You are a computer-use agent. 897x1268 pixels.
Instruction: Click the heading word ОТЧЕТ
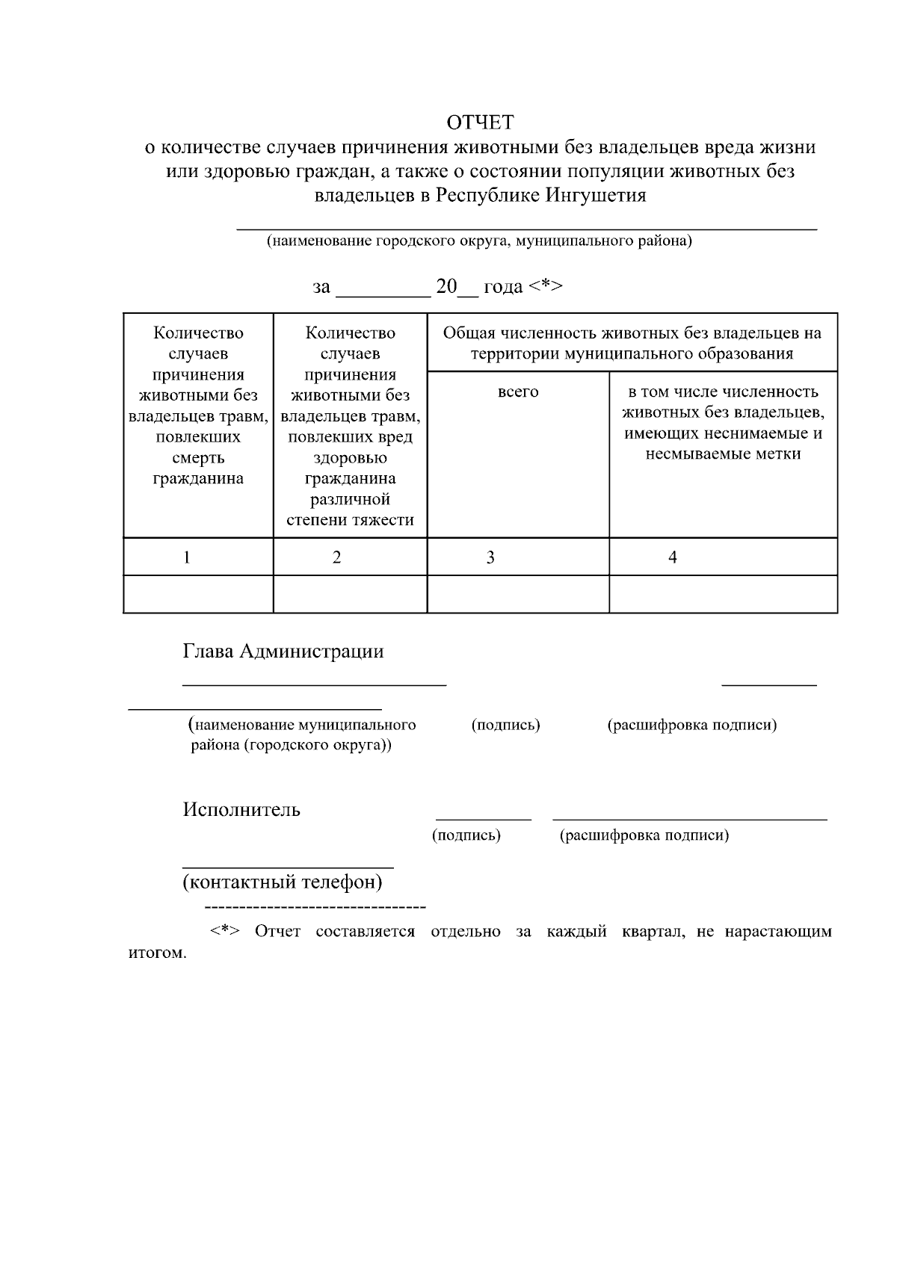480,122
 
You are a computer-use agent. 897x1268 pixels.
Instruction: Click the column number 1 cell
187,557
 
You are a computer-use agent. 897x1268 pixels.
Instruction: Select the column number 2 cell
337,557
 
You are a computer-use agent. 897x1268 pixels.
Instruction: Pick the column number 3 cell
490,557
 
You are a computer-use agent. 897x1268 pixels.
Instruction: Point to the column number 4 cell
673,557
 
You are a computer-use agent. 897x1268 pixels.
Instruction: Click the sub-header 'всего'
518,392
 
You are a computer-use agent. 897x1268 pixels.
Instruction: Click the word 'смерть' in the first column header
198,458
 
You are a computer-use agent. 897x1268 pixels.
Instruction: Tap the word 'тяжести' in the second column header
384,520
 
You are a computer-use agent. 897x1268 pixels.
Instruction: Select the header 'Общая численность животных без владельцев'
632,333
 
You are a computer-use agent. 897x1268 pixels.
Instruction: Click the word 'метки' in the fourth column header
777,454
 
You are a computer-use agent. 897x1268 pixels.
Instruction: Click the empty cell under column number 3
518,594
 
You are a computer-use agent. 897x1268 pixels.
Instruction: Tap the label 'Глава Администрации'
283,652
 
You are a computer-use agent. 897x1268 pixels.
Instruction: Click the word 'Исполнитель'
241,810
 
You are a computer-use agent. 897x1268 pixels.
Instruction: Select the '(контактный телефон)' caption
283,882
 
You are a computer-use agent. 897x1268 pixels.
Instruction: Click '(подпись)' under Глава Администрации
506,725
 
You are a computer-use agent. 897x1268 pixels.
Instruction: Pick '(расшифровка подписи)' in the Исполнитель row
644,835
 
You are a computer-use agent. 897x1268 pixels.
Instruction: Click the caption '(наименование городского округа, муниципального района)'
480,241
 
